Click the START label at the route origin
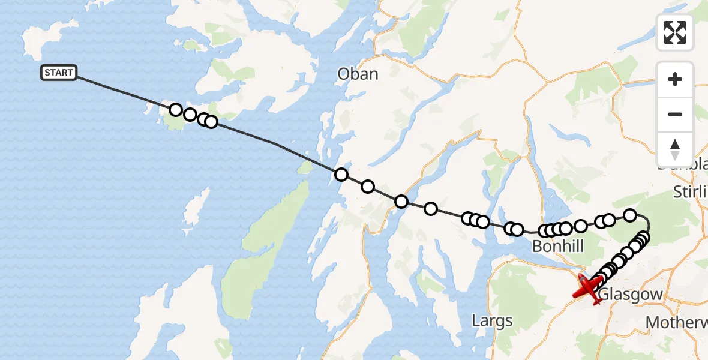pos(58,73)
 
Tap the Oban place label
pos(358,74)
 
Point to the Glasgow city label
pos(631,295)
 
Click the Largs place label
pos(492,320)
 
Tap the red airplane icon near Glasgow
pos(587,289)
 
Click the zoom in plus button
pos(675,79)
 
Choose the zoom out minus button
pos(675,114)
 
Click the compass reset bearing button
pos(675,148)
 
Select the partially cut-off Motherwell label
pos(676,322)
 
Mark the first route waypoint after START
pos(175,110)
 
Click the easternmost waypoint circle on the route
pos(644,236)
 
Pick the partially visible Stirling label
pos(690,192)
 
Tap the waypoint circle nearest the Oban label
pos(341,175)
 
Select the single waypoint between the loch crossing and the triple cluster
pos(431,209)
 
